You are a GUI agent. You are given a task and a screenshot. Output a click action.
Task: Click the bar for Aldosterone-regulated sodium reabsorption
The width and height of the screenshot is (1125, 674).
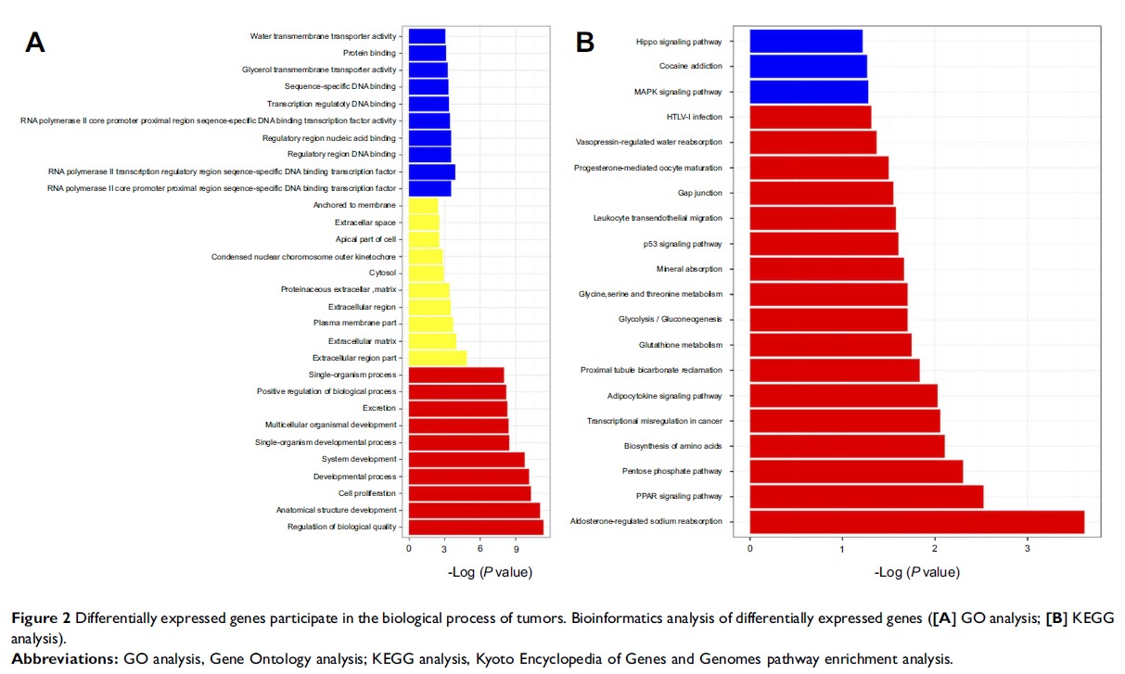tap(916, 522)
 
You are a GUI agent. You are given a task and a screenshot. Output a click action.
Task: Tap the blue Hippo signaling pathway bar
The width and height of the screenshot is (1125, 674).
tap(806, 42)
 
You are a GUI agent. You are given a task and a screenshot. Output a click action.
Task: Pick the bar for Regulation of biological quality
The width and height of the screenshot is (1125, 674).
tap(476, 528)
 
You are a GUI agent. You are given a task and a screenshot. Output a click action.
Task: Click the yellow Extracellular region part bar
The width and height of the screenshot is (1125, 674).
tap(438, 358)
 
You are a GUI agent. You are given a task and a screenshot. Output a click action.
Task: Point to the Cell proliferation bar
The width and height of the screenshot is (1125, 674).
tap(469, 493)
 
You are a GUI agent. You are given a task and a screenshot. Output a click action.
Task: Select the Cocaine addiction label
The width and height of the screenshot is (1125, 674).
tap(690, 67)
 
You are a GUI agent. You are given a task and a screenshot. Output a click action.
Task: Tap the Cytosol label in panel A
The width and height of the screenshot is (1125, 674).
tap(382, 273)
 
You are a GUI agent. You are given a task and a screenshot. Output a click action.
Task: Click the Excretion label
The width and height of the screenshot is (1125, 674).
tap(379, 408)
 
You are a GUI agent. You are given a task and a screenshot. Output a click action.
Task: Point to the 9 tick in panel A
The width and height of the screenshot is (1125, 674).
tap(516, 549)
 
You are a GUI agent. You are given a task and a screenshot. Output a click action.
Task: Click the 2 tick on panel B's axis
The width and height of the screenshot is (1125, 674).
tap(935, 549)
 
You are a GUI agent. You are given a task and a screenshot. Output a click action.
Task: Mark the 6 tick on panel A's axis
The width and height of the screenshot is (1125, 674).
tap(480, 549)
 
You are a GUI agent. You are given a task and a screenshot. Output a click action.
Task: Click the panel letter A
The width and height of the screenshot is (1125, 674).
tap(34, 43)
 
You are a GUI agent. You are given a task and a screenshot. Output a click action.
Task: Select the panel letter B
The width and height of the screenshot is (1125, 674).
tap(585, 43)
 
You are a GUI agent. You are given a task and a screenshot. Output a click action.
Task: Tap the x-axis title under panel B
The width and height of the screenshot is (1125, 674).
tap(916, 572)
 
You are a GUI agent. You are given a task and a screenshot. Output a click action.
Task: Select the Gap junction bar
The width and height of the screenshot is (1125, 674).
tap(821, 193)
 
